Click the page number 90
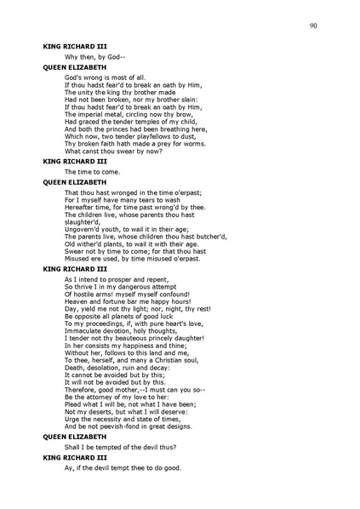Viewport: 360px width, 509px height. [x=314, y=27]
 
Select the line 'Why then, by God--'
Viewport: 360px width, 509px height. [x=93, y=56]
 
